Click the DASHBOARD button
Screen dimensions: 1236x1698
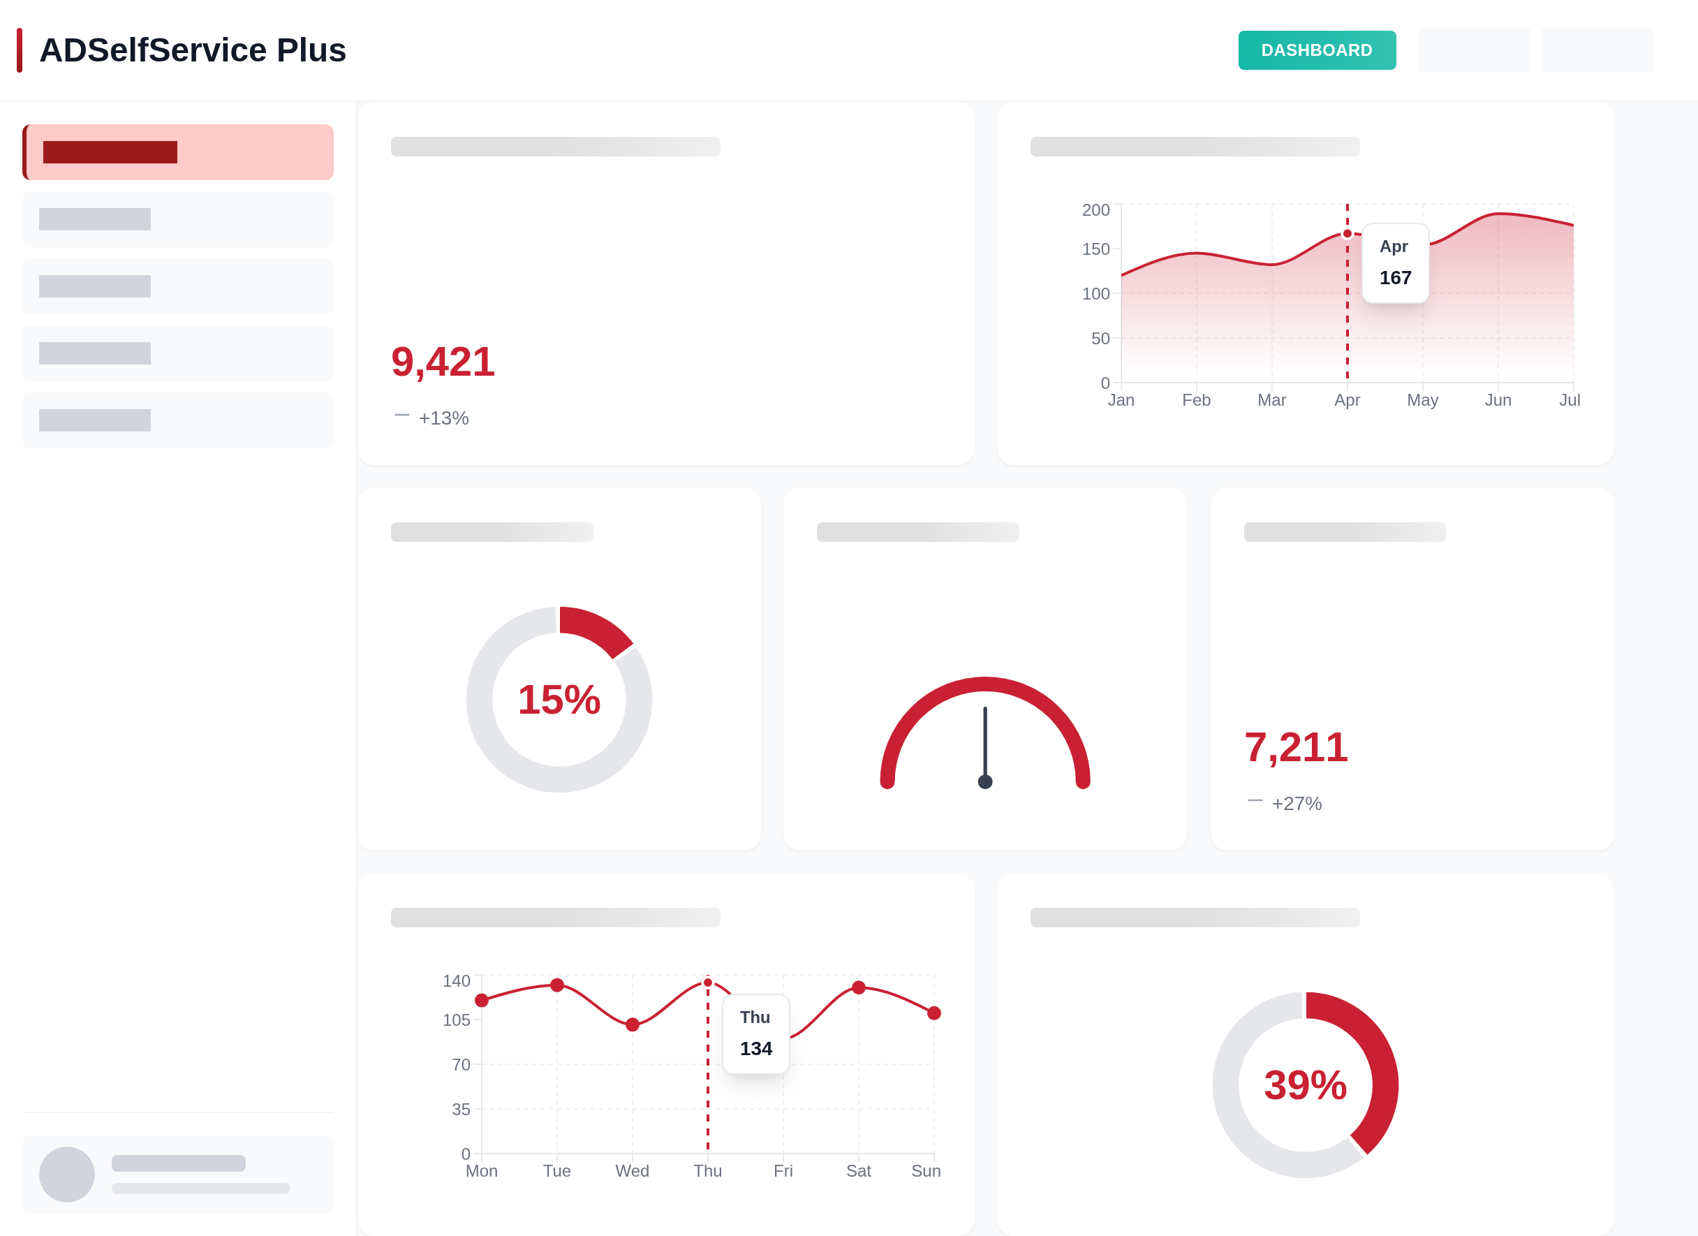tap(1316, 50)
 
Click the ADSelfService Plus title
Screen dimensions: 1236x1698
tap(193, 50)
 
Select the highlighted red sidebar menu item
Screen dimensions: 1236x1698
tap(178, 152)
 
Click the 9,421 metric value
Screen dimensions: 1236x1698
tap(443, 362)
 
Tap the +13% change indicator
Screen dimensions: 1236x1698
tap(443, 418)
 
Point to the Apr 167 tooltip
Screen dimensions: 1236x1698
tap(1395, 263)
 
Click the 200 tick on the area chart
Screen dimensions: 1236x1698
tap(1095, 209)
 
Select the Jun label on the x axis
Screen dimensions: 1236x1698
tap(1498, 399)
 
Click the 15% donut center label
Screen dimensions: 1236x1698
tap(559, 699)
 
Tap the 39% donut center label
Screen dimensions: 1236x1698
tap(1305, 1084)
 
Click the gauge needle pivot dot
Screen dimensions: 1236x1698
tap(984, 781)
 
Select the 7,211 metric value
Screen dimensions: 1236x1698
tap(1296, 747)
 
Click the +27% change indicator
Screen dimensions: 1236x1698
tap(1296, 803)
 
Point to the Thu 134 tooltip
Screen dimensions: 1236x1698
tap(755, 1034)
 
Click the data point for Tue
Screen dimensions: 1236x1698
tap(557, 985)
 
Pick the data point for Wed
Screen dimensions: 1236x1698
tap(633, 1024)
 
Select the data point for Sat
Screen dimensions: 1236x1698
tap(859, 987)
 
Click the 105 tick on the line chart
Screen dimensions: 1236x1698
tap(456, 1020)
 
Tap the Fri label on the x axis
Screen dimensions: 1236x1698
tap(783, 1171)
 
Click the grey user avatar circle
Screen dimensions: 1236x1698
tap(66, 1174)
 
